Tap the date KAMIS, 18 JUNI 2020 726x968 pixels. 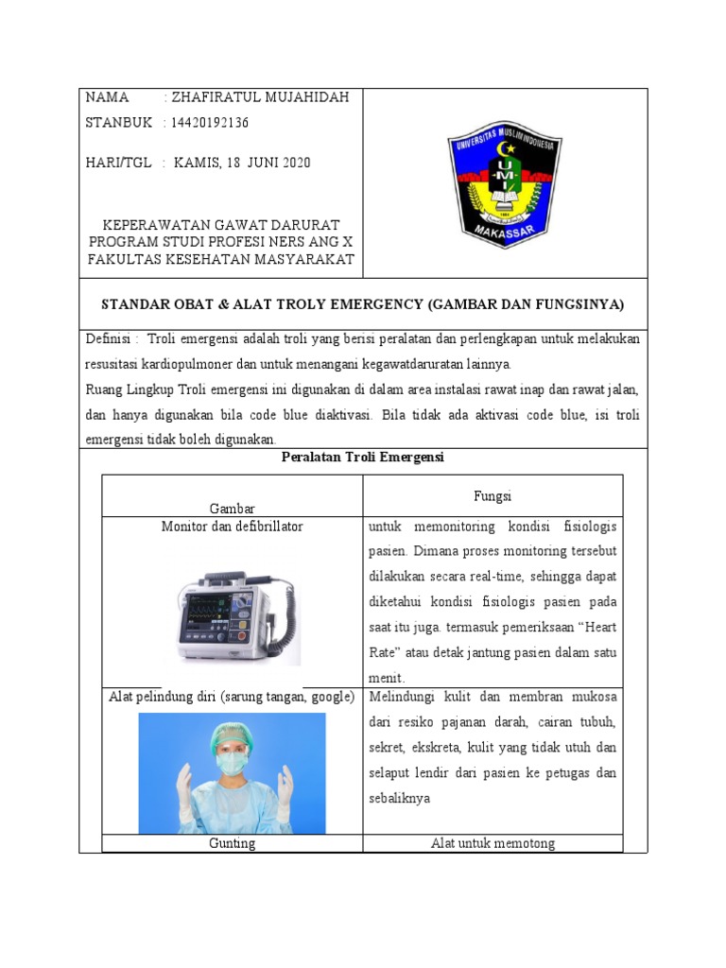242,163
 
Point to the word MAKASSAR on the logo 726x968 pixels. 505,233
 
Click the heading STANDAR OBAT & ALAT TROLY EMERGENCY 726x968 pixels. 363,303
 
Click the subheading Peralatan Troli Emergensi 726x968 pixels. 363,458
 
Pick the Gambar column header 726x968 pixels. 232,509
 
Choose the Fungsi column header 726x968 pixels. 492,496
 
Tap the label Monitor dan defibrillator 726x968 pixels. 232,527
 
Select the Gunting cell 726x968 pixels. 232,843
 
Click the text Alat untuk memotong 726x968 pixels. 492,843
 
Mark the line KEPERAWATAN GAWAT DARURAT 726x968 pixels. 220,227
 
